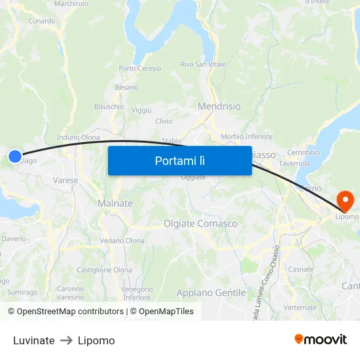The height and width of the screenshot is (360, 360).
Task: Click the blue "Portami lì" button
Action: [x=179, y=160]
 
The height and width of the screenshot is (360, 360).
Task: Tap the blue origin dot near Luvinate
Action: [x=15, y=156]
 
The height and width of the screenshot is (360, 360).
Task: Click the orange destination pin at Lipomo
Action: [x=345, y=198]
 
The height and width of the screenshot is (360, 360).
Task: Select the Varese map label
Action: [x=65, y=180]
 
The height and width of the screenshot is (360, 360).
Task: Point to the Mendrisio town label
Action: [x=219, y=106]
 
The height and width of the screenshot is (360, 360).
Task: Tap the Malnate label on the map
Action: [x=115, y=204]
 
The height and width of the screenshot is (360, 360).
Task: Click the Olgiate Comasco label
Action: [x=200, y=224]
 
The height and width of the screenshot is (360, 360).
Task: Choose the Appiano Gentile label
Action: [x=211, y=293]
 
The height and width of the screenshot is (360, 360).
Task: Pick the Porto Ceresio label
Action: [x=139, y=69]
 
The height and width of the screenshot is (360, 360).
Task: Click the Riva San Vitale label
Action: [x=203, y=64]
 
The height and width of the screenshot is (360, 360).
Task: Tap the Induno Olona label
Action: [x=79, y=137]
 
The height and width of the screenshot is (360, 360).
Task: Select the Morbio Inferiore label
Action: [x=247, y=137]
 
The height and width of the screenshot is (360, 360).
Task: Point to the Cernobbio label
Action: [x=303, y=153]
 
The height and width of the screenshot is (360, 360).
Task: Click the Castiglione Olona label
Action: [x=104, y=270]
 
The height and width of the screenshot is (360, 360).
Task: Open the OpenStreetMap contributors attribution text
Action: [x=65, y=312]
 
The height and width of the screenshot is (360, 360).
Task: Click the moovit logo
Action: [x=321, y=339]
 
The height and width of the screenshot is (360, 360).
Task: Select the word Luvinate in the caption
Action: [x=33, y=340]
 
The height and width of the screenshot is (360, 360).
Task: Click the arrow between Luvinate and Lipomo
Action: [x=66, y=340]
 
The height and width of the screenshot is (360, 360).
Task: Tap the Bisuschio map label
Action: [x=109, y=106]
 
